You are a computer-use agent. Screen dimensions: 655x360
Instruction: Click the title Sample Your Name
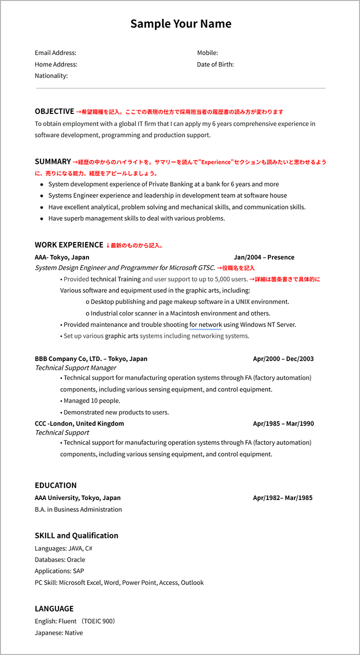180,24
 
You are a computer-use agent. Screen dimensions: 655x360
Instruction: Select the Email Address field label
55,53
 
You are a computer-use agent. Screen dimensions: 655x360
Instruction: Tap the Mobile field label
207,53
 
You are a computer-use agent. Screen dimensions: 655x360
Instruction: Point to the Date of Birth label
215,64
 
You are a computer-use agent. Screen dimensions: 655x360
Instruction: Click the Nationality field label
51,76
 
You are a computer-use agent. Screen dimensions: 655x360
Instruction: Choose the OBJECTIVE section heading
54,111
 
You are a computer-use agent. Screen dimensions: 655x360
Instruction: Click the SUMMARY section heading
53,161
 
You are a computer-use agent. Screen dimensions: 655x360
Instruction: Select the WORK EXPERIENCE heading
69,245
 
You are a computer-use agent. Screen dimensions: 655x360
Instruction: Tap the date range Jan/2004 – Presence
264,257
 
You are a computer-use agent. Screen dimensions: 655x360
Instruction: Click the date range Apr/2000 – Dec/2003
283,359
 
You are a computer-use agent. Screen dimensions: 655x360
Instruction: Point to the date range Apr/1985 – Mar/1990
283,423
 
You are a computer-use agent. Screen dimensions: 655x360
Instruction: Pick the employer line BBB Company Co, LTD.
91,359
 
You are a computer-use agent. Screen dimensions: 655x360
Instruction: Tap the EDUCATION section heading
55,485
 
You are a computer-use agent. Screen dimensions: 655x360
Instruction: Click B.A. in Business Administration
78,509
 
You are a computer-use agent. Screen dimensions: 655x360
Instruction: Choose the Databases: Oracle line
60,560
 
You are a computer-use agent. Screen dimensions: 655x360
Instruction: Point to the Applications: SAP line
59,571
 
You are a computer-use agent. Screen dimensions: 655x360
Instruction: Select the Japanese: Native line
59,633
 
